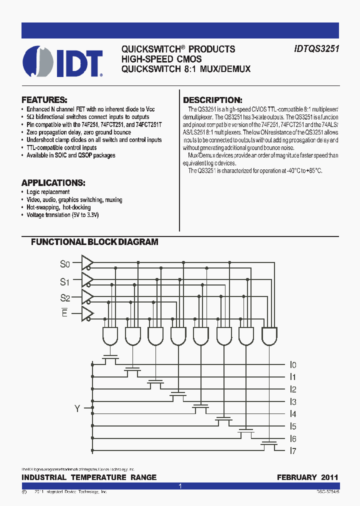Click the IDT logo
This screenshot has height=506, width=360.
[63, 61]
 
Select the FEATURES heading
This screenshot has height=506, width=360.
[44, 99]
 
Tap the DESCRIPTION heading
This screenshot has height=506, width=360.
[212, 100]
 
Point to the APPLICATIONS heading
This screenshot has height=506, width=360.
[53, 182]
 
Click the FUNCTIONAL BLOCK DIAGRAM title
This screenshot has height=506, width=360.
[94, 242]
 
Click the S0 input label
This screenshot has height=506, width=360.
[65, 263]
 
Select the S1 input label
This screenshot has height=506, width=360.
[65, 281]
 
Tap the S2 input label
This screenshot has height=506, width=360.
[65, 298]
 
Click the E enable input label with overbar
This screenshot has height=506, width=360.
[64, 314]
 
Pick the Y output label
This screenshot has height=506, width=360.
[77, 409]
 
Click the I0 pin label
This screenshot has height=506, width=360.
[293, 365]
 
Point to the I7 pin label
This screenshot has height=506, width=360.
[293, 451]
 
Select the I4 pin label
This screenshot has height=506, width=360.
[293, 414]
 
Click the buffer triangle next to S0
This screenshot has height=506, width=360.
[87, 262]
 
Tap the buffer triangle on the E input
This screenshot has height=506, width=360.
[87, 314]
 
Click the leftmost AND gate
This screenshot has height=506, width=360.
[110, 335]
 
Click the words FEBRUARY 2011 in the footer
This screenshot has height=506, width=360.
[307, 477]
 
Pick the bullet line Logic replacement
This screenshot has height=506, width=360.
[48, 192]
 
